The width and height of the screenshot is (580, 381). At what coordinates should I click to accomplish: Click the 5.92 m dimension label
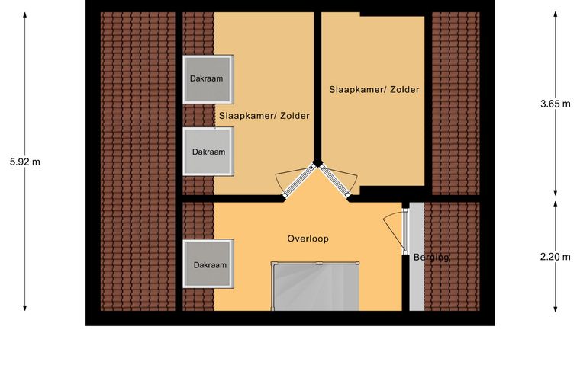(24, 162)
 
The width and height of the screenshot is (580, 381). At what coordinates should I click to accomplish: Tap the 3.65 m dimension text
(556, 104)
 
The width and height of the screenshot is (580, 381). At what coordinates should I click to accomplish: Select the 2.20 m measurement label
(556, 257)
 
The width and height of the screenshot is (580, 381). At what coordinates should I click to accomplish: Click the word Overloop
(308, 239)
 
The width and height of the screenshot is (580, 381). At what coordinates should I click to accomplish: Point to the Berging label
(431, 258)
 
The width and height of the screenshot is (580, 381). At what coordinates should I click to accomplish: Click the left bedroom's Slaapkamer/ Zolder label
(264, 116)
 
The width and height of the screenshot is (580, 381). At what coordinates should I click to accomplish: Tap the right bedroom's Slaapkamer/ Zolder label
(375, 89)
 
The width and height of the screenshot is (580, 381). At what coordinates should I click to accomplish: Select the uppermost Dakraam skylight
(208, 79)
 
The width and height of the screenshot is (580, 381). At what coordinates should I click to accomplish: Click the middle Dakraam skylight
(208, 152)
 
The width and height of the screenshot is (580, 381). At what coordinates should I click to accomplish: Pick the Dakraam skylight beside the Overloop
(208, 264)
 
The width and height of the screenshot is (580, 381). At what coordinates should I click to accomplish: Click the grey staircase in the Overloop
(315, 287)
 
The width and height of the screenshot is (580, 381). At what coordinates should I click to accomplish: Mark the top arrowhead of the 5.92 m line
(24, 14)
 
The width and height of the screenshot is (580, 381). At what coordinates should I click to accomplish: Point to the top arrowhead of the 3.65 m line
(556, 14)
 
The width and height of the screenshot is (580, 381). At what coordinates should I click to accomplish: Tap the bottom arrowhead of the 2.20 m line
(556, 309)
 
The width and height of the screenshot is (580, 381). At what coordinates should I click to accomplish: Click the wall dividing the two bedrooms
(317, 87)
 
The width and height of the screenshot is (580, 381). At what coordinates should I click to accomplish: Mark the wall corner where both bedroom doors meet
(317, 162)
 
